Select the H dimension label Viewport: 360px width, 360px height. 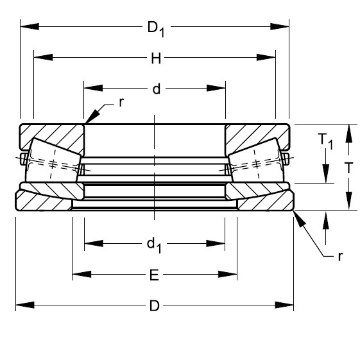[155, 59]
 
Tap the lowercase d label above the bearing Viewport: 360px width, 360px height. [155, 89]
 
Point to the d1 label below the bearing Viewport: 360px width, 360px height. [154, 243]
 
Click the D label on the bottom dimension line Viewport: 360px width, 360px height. [154, 305]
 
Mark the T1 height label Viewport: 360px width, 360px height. [326, 141]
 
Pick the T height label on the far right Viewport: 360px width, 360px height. [348, 168]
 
